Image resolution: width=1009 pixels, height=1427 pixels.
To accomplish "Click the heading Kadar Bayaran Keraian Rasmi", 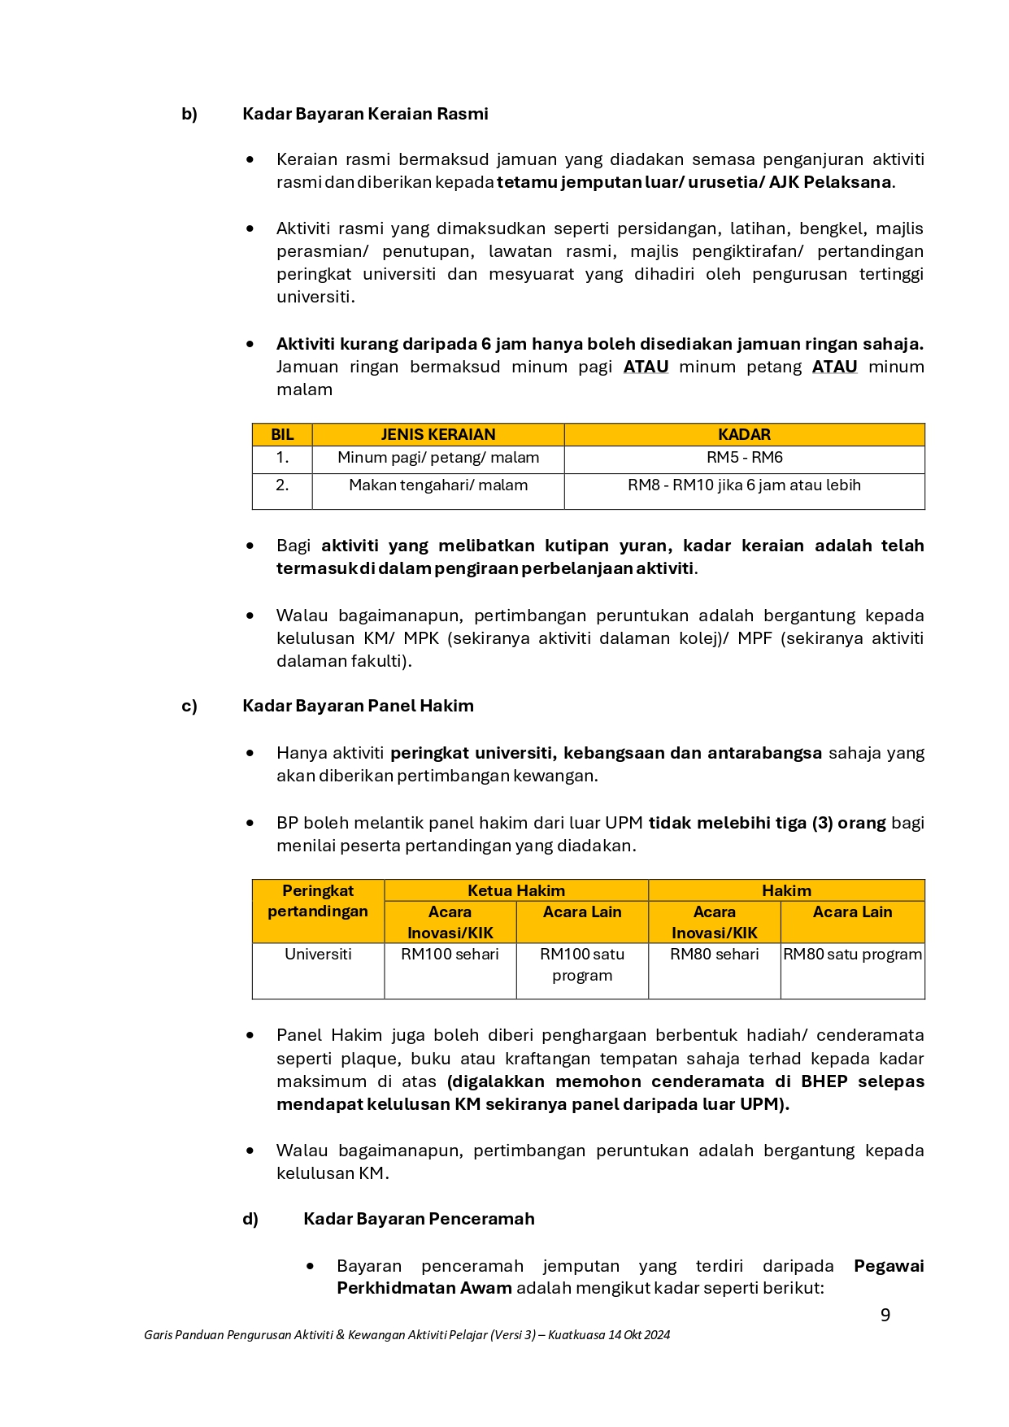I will pyautogui.click(x=365, y=114).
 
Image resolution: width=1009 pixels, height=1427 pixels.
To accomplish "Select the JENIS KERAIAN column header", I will pyautogui.click(x=437, y=434).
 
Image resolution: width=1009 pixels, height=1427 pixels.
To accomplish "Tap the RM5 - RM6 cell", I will pyautogui.click(x=744, y=458).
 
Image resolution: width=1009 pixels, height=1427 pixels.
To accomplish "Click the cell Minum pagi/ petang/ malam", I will pyautogui.click(x=437, y=458).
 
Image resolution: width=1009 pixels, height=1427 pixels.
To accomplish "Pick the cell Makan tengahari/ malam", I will pyautogui.click(x=437, y=485).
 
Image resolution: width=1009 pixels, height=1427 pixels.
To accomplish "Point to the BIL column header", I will pyautogui.click(x=282, y=434).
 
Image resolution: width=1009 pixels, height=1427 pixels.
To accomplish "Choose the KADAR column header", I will pyautogui.click(x=744, y=434).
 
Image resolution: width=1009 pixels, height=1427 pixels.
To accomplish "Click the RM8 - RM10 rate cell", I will pyautogui.click(x=744, y=485).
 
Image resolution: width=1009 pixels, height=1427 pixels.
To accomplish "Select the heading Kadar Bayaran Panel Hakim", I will pyautogui.click(x=358, y=706).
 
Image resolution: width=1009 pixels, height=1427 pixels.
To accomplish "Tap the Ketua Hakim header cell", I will pyautogui.click(x=515, y=890).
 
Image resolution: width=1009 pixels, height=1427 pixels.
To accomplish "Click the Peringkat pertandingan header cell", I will pyautogui.click(x=318, y=901).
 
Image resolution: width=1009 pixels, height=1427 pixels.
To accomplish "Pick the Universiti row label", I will pyautogui.click(x=318, y=954).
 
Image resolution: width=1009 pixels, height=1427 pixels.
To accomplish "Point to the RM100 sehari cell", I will pyautogui.click(x=450, y=954).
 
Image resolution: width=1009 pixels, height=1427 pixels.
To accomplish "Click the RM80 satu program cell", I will pyautogui.click(x=852, y=954).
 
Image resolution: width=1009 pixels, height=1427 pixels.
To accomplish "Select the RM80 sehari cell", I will pyautogui.click(x=714, y=954).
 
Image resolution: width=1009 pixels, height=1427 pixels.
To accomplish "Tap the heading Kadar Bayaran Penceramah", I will pyautogui.click(x=419, y=1219).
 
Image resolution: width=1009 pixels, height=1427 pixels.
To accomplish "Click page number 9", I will pyautogui.click(x=885, y=1315).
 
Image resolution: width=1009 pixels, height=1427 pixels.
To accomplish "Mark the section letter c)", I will pyautogui.click(x=189, y=706).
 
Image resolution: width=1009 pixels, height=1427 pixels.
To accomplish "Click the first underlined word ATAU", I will pyautogui.click(x=646, y=367).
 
